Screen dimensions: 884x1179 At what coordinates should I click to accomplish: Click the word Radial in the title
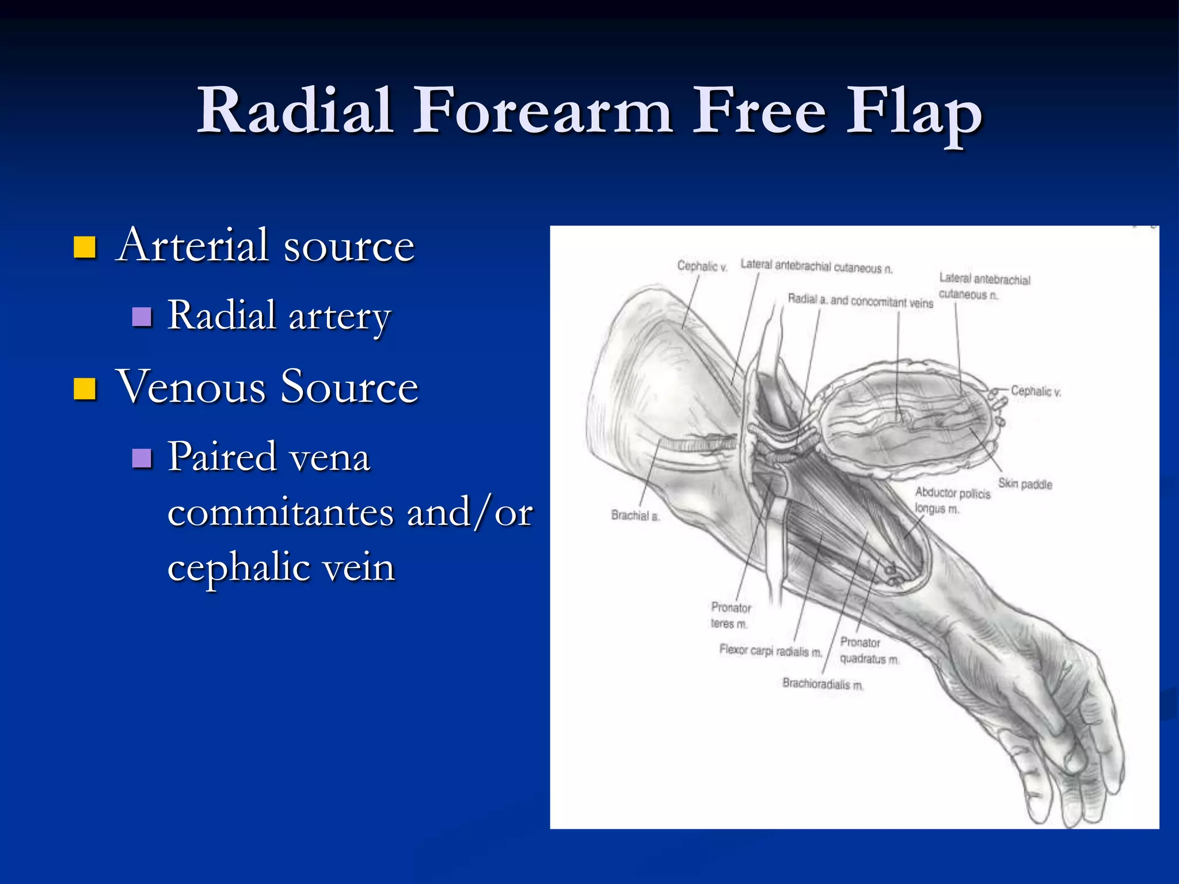(x=295, y=110)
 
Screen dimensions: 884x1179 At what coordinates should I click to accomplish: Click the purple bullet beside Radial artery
(x=142, y=317)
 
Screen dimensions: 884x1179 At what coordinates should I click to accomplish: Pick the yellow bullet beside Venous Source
(x=85, y=388)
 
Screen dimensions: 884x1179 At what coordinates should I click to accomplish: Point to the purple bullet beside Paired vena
(x=142, y=458)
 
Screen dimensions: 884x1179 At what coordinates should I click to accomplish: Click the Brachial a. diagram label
(x=634, y=515)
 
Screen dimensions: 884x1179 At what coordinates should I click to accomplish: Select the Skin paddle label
(x=1025, y=483)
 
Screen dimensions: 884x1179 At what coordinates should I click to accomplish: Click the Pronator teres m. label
(x=730, y=615)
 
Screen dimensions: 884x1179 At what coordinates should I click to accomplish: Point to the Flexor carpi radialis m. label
(x=770, y=650)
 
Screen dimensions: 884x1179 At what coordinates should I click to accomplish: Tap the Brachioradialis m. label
(x=823, y=684)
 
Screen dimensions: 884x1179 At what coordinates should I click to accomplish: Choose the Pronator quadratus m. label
(x=868, y=650)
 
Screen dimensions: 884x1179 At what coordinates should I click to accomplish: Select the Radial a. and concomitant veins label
(x=860, y=301)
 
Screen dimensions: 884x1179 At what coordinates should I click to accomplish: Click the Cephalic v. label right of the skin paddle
(x=1036, y=391)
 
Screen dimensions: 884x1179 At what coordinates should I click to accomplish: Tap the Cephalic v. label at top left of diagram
(x=702, y=266)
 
